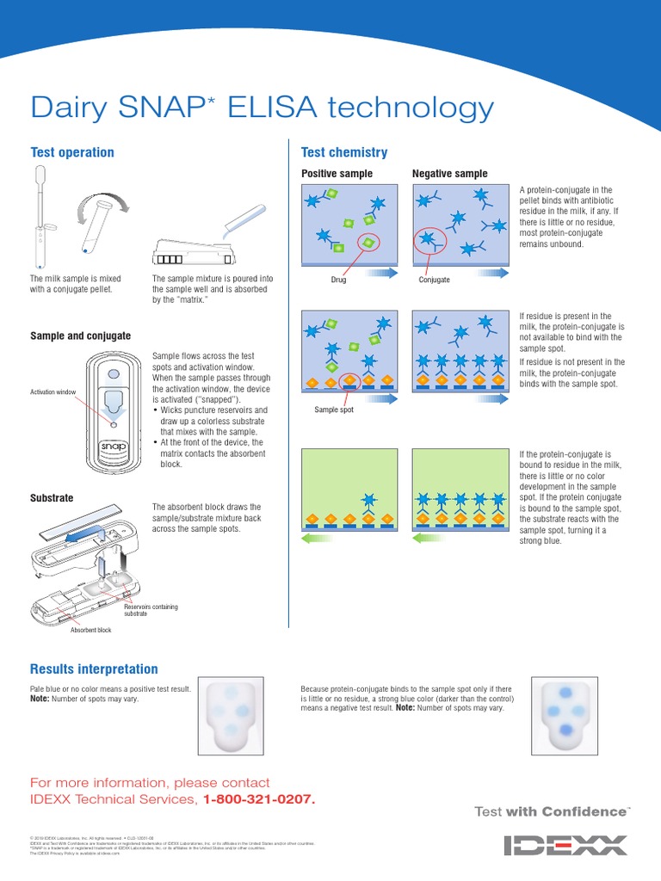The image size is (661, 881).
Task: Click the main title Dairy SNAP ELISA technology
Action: tap(262, 108)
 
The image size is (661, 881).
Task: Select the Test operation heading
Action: tap(72, 152)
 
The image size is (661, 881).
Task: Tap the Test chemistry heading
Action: tap(343, 152)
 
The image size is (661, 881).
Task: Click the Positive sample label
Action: tap(337, 174)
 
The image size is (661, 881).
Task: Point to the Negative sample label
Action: tap(449, 174)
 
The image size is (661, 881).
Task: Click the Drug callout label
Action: tap(338, 280)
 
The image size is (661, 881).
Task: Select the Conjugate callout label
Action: tap(434, 280)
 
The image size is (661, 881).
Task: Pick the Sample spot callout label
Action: tap(336, 410)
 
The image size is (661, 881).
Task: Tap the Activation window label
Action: tap(53, 392)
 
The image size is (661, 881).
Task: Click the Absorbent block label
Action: tap(90, 630)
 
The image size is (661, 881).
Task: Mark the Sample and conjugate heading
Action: tap(80, 336)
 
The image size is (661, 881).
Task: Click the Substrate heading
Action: tap(52, 498)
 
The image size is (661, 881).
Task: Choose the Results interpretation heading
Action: tap(94, 668)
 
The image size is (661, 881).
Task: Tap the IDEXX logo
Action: tap(565, 845)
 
